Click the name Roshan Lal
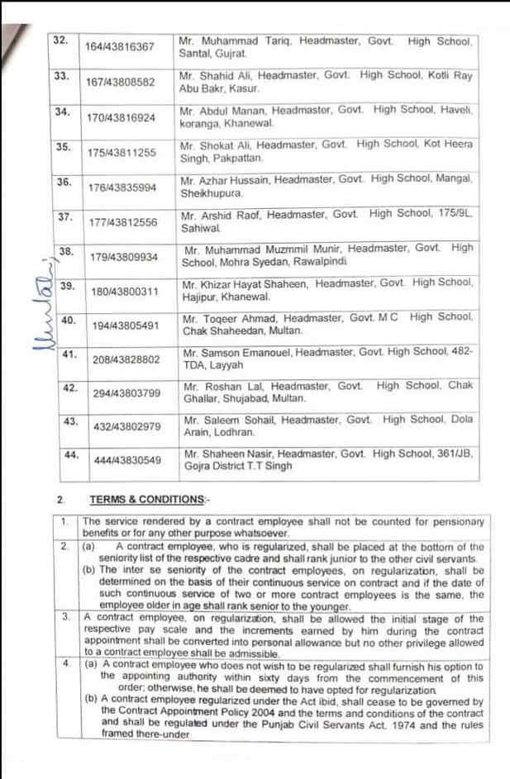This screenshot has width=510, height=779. (x=228, y=385)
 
